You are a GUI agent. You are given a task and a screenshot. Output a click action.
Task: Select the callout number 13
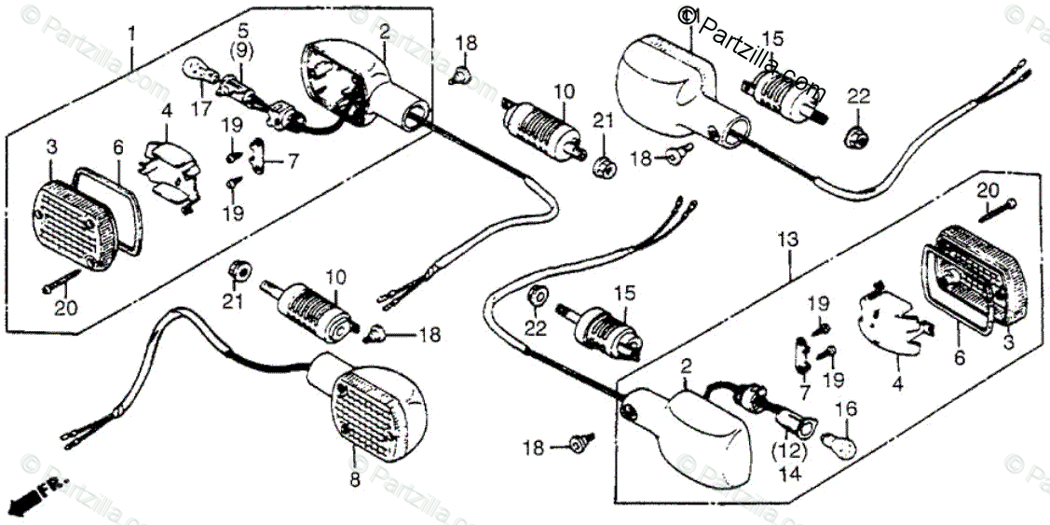point(788,241)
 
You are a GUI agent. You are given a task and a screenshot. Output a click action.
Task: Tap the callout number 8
point(352,481)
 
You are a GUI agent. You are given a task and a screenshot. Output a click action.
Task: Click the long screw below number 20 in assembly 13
point(999,208)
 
